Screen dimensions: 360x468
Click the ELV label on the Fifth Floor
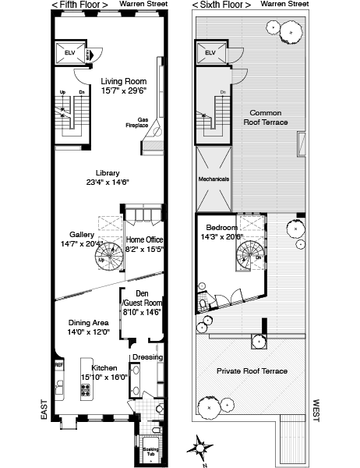[70, 52]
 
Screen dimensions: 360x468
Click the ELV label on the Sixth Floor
[210, 52]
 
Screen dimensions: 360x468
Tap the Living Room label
[123, 81]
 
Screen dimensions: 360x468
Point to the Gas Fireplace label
[137, 122]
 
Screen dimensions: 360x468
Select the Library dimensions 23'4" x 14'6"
[108, 182]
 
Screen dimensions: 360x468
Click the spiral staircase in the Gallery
[109, 257]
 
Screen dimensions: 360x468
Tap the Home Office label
[144, 239]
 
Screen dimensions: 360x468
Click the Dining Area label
[89, 323]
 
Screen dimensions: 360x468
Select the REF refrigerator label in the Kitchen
[59, 365]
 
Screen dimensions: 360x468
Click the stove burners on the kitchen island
[86, 390]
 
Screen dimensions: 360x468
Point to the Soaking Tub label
[150, 452]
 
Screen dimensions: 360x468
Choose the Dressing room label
[147, 357]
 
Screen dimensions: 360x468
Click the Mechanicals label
[214, 179]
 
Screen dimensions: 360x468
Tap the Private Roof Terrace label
[252, 371]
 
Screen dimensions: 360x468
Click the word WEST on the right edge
[316, 410]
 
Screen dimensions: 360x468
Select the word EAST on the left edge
[44, 409]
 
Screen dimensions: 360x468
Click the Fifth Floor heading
[79, 5]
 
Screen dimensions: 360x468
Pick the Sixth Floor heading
[221, 5]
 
